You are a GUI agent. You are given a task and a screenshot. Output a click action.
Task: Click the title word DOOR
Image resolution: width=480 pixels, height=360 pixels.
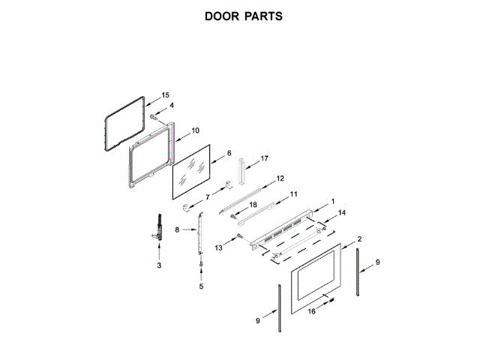(221, 16)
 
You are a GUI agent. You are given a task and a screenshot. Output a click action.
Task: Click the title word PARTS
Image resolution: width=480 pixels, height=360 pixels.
(263, 16)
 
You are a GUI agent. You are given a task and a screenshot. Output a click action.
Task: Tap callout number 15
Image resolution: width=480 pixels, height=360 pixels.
(166, 95)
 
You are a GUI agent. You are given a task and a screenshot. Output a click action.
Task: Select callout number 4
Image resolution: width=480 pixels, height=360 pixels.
(171, 106)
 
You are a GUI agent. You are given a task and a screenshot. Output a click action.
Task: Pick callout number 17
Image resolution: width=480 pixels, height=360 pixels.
(263, 159)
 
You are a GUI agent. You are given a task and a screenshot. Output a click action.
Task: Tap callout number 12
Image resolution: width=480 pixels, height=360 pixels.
(280, 178)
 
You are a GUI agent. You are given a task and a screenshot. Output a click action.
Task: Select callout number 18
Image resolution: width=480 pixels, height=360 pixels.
(253, 205)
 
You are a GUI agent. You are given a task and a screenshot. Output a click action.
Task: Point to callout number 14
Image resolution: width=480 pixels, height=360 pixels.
(342, 213)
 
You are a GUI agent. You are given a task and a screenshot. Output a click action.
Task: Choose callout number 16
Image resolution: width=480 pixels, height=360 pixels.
(311, 310)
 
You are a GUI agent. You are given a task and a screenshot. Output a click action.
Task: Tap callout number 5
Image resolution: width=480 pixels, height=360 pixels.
(201, 286)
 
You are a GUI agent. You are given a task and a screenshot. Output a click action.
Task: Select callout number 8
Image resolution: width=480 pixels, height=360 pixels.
(177, 230)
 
